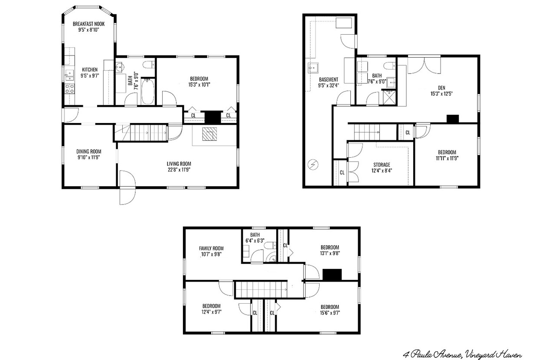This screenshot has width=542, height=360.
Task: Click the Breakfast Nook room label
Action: click(x=88, y=24)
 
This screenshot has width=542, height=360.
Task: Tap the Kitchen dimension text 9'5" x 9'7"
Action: click(x=90, y=76)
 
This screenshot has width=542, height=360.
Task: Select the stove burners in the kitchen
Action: click(x=70, y=88)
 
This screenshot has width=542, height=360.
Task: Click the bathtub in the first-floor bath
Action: click(x=147, y=92)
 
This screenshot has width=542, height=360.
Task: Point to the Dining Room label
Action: click(x=88, y=151)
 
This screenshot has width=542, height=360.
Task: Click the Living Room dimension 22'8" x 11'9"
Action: click(x=179, y=170)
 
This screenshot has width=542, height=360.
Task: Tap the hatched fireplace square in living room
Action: click(x=209, y=134)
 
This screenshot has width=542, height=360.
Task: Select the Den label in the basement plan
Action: click(x=441, y=88)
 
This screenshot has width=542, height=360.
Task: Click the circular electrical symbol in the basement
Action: click(x=313, y=165)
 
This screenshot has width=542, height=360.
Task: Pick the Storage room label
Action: click(x=382, y=165)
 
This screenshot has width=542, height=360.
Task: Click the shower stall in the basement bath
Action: click(x=389, y=97)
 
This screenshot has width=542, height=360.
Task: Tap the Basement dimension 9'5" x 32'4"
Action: click(x=328, y=85)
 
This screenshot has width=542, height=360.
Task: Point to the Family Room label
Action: click(x=211, y=248)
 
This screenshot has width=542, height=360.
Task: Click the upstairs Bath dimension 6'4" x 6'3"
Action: click(x=255, y=241)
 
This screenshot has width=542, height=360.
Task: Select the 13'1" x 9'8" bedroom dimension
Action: click(x=330, y=253)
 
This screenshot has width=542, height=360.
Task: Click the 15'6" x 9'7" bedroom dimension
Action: click(x=330, y=313)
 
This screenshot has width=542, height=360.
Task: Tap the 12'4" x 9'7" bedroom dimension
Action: click(x=212, y=312)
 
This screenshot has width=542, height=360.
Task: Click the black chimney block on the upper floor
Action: click(x=332, y=275)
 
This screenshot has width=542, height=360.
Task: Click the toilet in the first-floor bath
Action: click(x=147, y=65)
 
